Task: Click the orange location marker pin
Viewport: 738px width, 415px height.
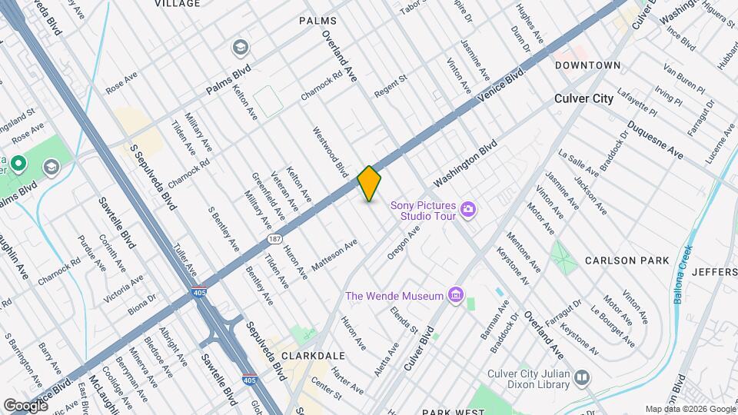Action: pyautogui.click(x=370, y=184)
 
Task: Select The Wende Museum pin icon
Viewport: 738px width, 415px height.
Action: pyautogui.click(x=457, y=295)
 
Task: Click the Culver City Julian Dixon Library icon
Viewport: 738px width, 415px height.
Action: pyautogui.click(x=583, y=378)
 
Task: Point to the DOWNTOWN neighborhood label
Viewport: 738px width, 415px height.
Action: pyautogui.click(x=588, y=65)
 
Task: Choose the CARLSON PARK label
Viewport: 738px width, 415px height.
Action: pyautogui.click(x=627, y=261)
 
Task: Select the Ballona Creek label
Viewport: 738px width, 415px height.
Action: pyautogui.click(x=683, y=274)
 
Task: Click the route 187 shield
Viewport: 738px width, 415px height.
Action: pyautogui.click(x=274, y=240)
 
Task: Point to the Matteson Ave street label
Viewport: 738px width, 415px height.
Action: pyautogui.click(x=334, y=254)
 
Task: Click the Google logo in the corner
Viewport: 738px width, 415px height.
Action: pyautogui.click(x=25, y=406)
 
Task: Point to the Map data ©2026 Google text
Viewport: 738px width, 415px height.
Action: pyautogui.click(x=690, y=409)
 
